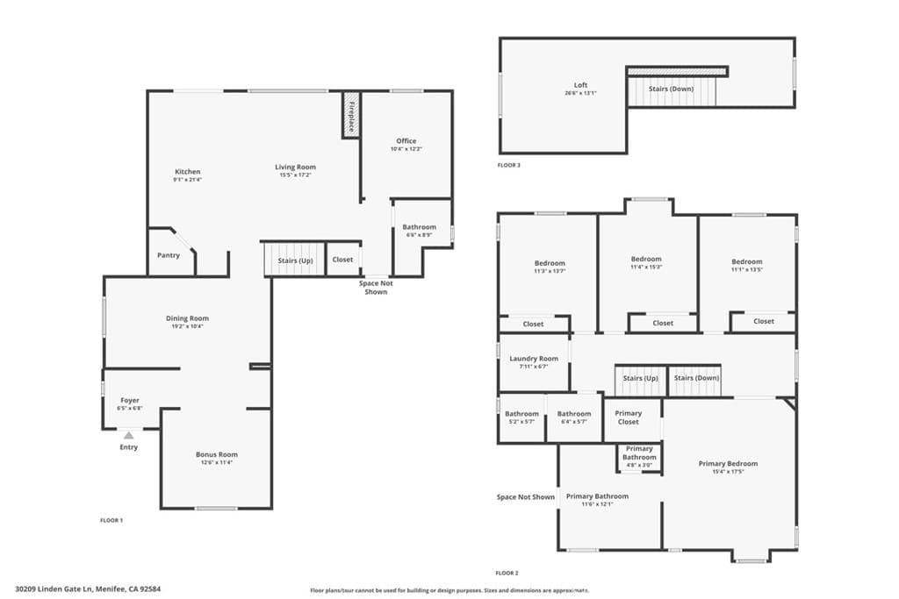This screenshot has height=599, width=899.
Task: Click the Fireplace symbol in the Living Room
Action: click(x=350, y=115)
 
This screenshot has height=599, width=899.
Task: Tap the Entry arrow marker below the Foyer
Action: click(x=129, y=435)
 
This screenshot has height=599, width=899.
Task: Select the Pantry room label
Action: click(x=169, y=255)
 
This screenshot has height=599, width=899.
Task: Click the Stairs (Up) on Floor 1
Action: click(x=295, y=260)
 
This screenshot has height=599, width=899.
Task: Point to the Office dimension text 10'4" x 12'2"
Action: click(x=406, y=149)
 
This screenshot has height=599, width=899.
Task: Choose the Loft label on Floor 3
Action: click(x=580, y=85)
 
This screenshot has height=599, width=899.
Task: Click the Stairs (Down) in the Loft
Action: click(x=671, y=89)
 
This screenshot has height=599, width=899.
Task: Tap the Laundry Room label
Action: click(x=534, y=359)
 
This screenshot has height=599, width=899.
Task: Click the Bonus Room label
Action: click(x=216, y=454)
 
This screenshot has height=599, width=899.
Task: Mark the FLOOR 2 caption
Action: click(x=507, y=573)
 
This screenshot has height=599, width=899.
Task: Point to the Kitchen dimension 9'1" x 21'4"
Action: click(x=187, y=180)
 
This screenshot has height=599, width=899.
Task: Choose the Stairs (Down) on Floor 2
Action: click(x=695, y=378)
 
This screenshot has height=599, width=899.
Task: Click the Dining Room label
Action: click(x=187, y=318)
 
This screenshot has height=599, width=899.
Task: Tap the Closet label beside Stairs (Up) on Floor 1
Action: click(x=342, y=260)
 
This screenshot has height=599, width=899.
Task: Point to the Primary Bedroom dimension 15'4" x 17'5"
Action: click(x=728, y=472)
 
